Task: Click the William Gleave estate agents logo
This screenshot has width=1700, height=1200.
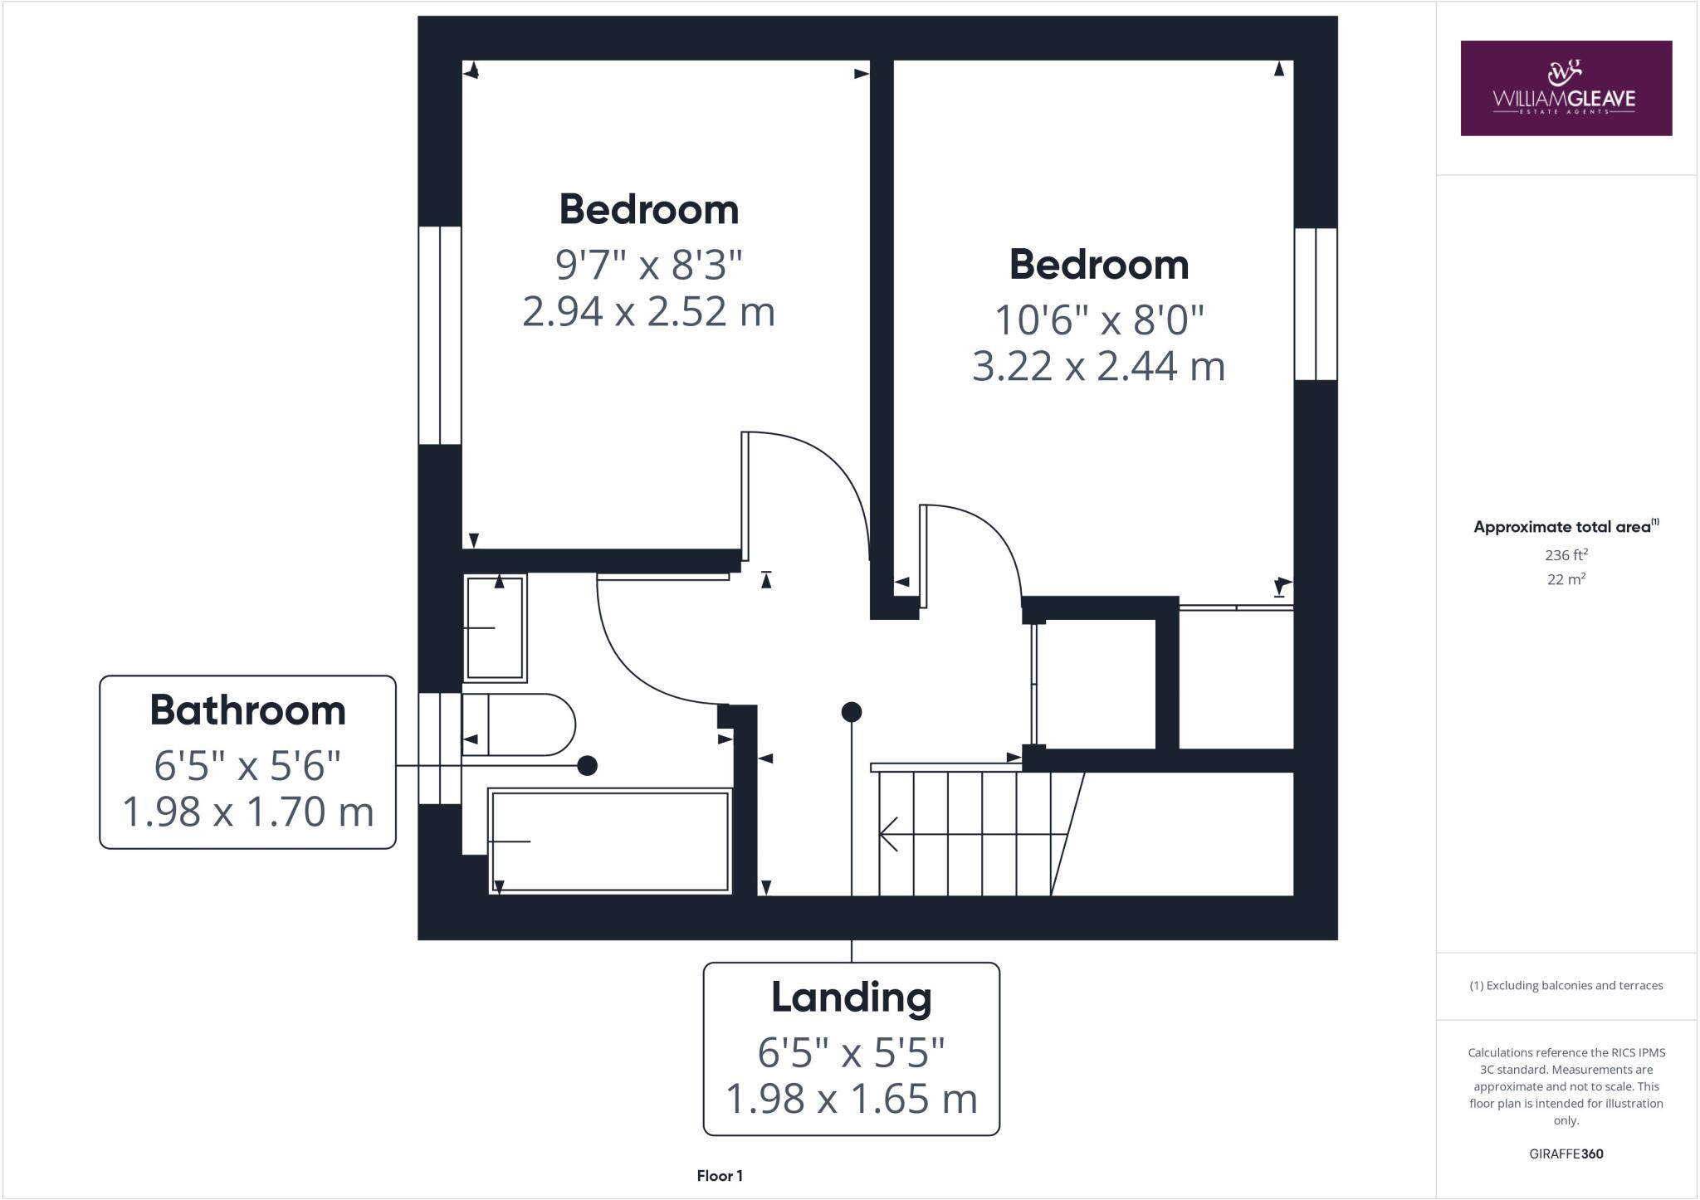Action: click(x=1566, y=88)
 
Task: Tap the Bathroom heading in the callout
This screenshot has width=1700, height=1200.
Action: click(x=247, y=710)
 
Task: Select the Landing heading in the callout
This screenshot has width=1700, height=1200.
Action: click(x=851, y=997)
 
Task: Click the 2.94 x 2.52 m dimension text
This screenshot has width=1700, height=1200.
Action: click(x=648, y=312)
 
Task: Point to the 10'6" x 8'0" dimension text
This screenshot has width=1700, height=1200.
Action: click(x=1099, y=320)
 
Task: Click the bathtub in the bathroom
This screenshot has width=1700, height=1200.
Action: click(x=610, y=841)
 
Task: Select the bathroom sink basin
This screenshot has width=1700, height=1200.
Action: click(x=496, y=628)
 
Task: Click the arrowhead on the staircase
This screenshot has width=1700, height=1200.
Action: click(x=888, y=834)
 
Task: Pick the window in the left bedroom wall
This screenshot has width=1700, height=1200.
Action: click(x=439, y=334)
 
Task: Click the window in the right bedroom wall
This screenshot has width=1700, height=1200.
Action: click(x=1316, y=304)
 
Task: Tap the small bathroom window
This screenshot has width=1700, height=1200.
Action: click(x=439, y=749)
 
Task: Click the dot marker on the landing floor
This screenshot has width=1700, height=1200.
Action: click(x=851, y=712)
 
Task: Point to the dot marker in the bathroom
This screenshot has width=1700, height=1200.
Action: click(x=587, y=765)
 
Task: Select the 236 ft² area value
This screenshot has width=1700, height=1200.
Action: click(x=1566, y=554)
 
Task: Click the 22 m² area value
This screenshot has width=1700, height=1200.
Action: click(x=1566, y=579)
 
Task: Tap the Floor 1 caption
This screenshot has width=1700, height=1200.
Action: click(x=720, y=1175)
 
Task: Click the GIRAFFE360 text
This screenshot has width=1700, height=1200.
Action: click(x=1566, y=1154)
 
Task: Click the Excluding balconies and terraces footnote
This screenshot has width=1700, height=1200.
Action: click(x=1566, y=986)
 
